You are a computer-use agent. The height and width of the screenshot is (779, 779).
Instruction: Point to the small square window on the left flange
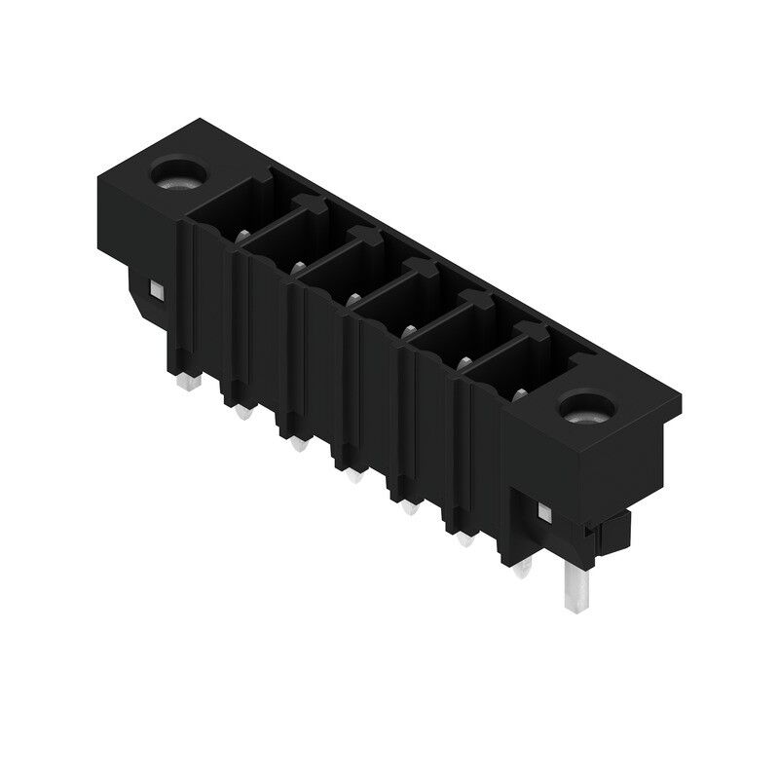(x=155, y=289)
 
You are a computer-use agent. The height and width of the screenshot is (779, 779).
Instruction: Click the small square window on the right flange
(x=543, y=512)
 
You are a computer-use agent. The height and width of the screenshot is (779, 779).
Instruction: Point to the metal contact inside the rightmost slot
(x=520, y=392)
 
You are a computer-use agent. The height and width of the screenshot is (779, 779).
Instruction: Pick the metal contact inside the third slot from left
(x=354, y=298)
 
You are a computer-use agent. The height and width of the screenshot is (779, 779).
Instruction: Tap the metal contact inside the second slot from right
(x=464, y=360)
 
